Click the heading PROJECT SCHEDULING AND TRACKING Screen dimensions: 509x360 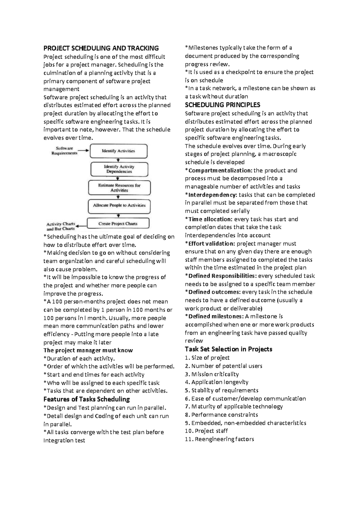coord(101,48)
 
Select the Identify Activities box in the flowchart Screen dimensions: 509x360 coord(118,151)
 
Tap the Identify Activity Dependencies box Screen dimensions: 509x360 coord(119,169)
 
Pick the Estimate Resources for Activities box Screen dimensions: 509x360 coord(119,188)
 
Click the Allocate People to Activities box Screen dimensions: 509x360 coord(119,206)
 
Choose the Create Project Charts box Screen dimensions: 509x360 coord(118,224)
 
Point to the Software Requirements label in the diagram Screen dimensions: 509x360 coord(64,151)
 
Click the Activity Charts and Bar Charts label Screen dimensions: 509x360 coord(61,226)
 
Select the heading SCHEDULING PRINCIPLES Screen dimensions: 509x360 coord(222,105)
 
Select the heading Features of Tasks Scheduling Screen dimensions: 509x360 coord(87,399)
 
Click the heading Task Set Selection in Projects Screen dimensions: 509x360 coord(228,349)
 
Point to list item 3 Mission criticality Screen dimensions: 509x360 coord(212,374)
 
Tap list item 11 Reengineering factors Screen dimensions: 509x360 coord(219,439)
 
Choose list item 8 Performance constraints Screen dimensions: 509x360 coord(221,415)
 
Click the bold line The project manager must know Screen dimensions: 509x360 coord(88,351)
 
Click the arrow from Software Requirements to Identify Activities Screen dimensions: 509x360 coord(84,151)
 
